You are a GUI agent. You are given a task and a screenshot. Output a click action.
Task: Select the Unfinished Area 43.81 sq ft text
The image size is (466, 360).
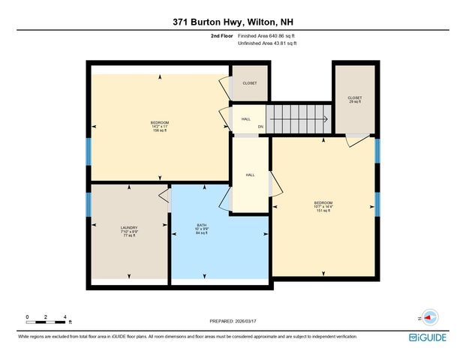(268, 43)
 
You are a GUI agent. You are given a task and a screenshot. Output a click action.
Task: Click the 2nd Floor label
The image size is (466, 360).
(221, 35)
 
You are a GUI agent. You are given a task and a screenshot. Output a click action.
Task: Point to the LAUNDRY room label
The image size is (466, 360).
(128, 231)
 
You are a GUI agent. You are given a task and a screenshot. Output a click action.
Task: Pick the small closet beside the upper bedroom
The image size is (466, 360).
(250, 83)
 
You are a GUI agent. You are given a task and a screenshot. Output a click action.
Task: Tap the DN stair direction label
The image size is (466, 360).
(260, 126)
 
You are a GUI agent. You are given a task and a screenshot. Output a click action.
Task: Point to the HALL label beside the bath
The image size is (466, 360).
(250, 175)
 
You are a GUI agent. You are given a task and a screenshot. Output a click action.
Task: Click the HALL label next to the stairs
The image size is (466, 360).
(246, 118)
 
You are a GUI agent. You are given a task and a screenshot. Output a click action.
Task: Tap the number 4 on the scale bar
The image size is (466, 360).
(67, 317)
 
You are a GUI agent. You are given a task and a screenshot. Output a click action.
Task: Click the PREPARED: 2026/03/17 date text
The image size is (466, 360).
(232, 321)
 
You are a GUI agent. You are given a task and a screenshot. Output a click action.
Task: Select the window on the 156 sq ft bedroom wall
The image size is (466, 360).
(88, 151)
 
